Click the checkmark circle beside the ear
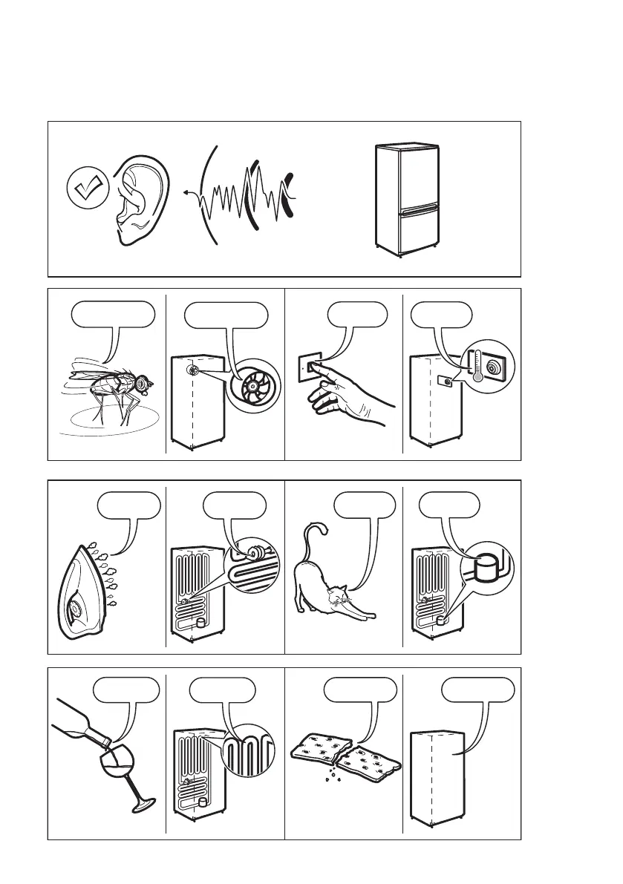(88, 189)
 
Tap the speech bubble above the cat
(364, 505)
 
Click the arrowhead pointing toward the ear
(183, 191)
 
